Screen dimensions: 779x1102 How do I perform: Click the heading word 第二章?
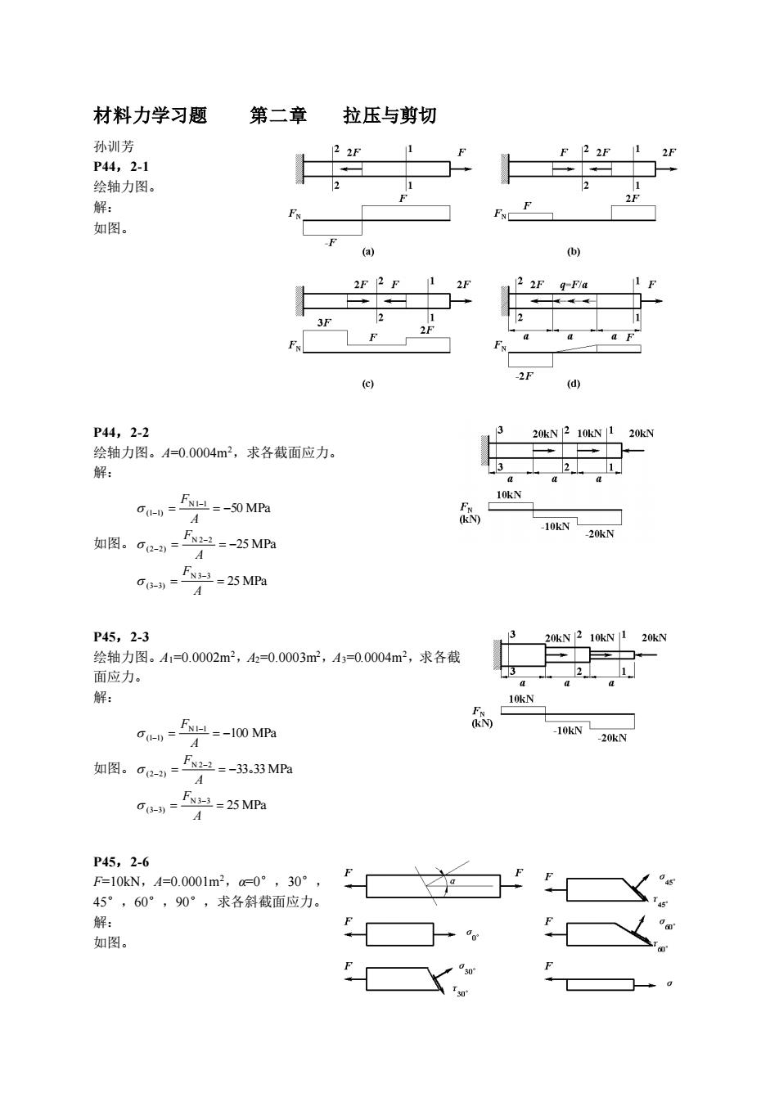tap(278, 115)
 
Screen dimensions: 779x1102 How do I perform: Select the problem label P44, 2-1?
tap(121, 167)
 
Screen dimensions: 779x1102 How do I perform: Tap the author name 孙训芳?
tap(114, 146)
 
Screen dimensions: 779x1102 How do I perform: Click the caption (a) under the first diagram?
tap(368, 252)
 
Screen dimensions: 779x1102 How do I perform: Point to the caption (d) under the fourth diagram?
tap(574, 384)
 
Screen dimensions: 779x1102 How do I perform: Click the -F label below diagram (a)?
tap(331, 242)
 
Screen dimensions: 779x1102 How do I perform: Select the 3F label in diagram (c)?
tap(324, 322)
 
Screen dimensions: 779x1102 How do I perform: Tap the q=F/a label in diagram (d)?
tap(574, 285)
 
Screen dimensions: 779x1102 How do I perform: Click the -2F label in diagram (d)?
tap(524, 376)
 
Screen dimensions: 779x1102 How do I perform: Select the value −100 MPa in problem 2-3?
tap(250, 733)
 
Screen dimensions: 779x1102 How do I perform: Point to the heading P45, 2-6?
tap(121, 862)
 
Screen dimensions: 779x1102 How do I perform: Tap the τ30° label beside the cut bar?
tap(461, 991)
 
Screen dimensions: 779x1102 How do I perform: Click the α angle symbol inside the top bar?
tap(453, 881)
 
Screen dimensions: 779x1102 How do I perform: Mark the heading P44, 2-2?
tap(121, 433)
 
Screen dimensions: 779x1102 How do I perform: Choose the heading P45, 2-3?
tap(121, 637)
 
